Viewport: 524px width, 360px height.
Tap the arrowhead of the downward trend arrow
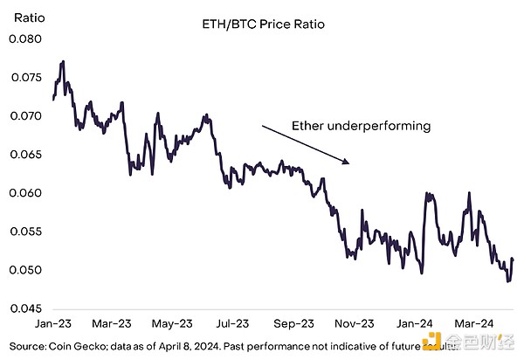coord(348,162)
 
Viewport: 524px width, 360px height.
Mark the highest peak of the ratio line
coord(64,62)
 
